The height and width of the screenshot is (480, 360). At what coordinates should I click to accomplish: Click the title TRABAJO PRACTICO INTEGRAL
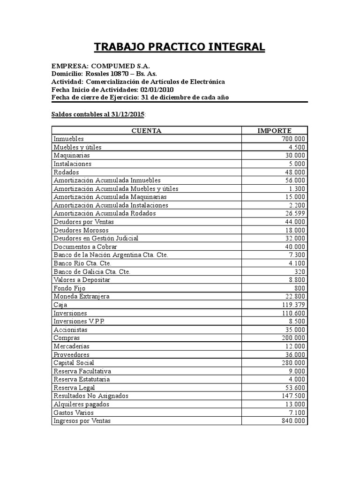[180, 47]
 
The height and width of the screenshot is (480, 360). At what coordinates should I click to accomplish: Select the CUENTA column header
[146, 131]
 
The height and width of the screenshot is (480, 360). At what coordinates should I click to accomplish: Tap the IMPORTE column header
[274, 131]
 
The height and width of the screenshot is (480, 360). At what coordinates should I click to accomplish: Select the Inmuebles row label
[69, 139]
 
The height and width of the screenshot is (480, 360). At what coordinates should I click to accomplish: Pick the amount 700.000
[293, 139]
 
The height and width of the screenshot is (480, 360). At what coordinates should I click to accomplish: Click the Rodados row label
[66, 172]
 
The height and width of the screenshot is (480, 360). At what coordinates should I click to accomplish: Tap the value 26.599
[295, 213]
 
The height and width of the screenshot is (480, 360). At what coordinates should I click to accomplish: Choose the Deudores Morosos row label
[81, 230]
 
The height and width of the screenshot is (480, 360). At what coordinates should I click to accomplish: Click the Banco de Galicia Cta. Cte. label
[92, 271]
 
